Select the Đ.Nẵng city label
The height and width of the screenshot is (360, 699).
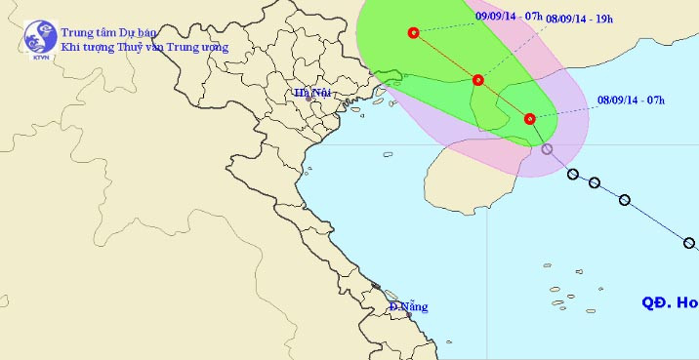click(x=408, y=306)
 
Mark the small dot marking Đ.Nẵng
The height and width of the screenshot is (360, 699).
click(x=388, y=295)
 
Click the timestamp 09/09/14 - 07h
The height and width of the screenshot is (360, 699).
click(x=509, y=15)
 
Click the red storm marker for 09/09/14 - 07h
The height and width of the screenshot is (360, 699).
click(x=413, y=33)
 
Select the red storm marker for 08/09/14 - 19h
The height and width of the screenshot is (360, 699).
click(x=478, y=80)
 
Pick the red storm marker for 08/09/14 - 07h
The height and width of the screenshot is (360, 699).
click(x=529, y=119)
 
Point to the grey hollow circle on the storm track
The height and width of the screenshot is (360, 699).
click(x=547, y=149)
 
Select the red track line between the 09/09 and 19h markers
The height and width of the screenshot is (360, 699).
click(x=445, y=57)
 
